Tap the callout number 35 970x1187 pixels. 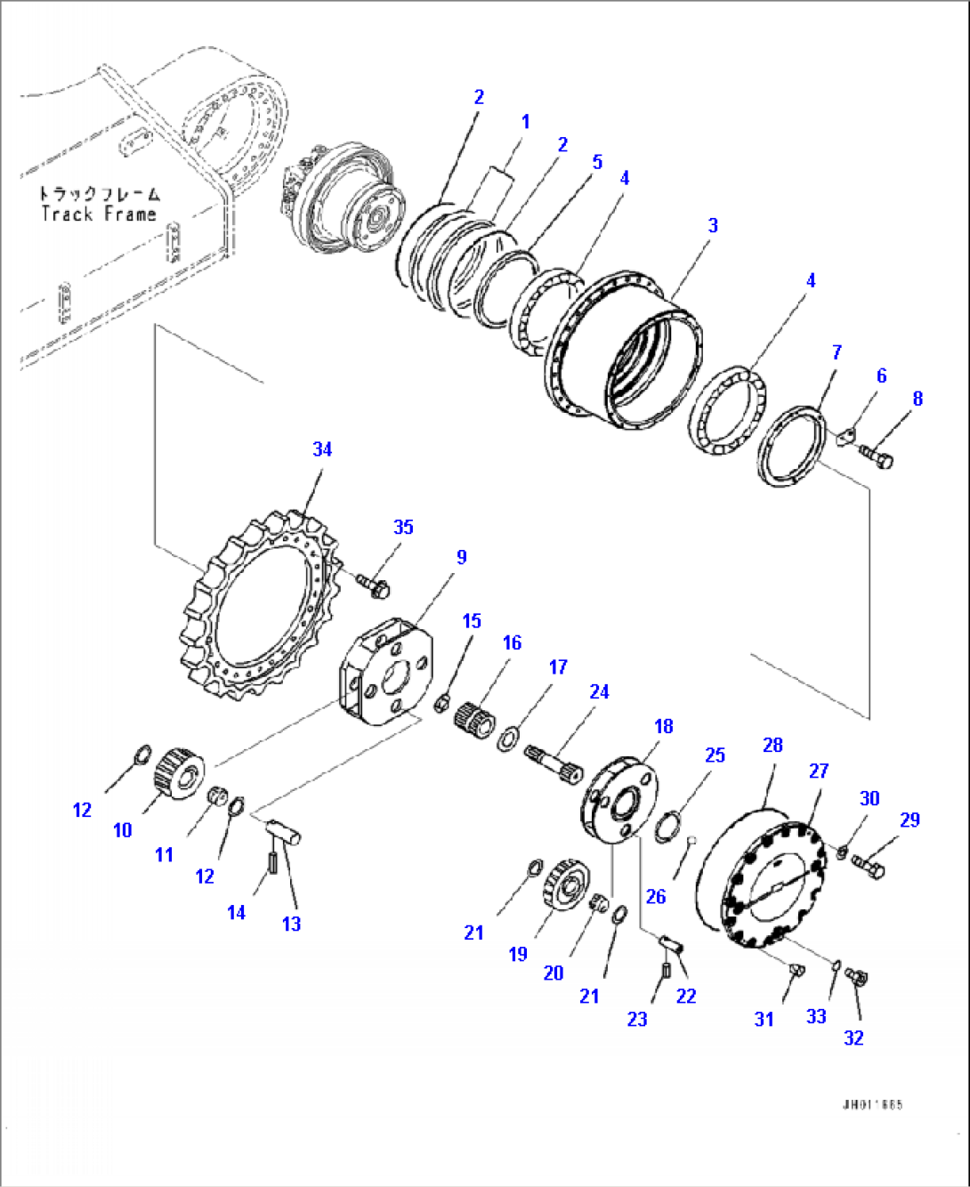(x=403, y=527)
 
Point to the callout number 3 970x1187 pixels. (x=713, y=226)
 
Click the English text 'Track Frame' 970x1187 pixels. (x=98, y=214)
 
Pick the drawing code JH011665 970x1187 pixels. (x=872, y=1104)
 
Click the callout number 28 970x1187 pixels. (x=772, y=745)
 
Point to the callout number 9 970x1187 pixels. (x=461, y=557)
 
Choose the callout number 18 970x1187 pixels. (x=664, y=726)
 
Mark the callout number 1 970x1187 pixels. (x=525, y=122)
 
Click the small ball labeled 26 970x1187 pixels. (x=692, y=838)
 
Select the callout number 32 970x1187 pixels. (x=853, y=1038)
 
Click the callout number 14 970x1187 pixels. (x=236, y=912)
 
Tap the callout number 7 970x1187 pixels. (x=837, y=352)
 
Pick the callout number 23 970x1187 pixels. (x=637, y=1019)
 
